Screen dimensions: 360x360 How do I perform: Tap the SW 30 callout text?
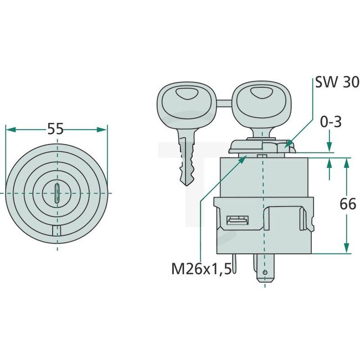(333, 83)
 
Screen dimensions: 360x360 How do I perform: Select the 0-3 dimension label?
(330, 121)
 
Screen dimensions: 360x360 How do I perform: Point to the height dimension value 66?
(347, 204)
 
